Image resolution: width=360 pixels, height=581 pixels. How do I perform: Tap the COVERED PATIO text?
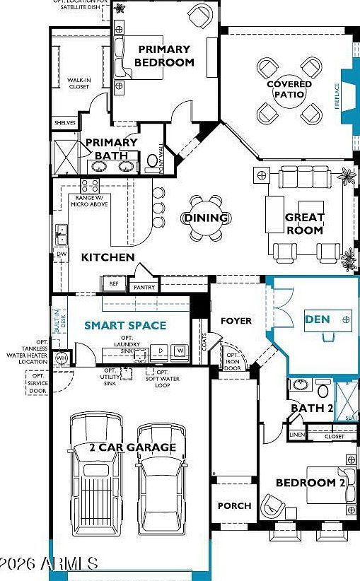[x=289, y=90]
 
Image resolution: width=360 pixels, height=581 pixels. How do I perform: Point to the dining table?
[x=206, y=218]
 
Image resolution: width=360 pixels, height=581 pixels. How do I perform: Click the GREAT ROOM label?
[x=305, y=223]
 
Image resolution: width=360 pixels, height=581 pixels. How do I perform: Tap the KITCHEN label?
[x=108, y=257]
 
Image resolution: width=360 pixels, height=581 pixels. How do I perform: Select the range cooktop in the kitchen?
[x=89, y=186]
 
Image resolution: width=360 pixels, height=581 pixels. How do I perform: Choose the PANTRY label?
[x=144, y=288]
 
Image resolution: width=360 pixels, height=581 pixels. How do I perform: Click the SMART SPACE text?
[x=125, y=326]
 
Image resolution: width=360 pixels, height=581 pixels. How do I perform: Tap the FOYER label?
[x=236, y=321]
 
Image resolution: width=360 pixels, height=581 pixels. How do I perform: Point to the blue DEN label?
[x=317, y=319]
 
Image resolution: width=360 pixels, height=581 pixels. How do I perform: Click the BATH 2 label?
[x=311, y=409]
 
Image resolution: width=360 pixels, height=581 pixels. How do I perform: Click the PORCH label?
[x=234, y=505]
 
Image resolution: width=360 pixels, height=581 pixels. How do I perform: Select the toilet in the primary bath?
[x=152, y=162]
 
